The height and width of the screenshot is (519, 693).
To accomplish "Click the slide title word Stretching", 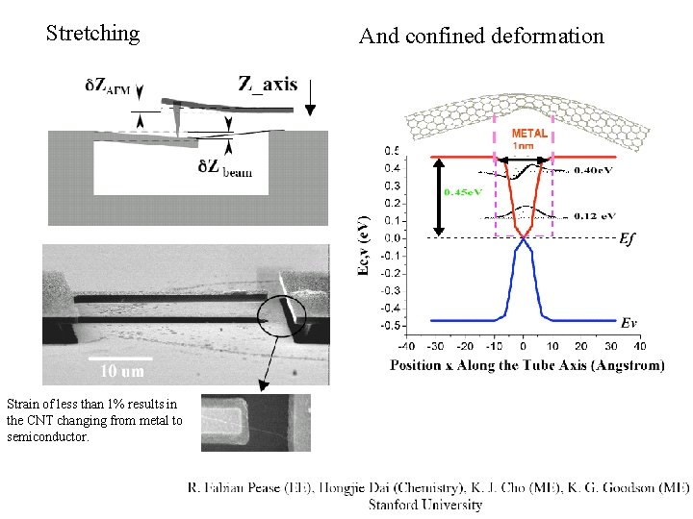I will (93, 35).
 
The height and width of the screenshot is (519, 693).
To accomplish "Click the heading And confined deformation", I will (481, 37).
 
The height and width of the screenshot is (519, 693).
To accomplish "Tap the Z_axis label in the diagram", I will (268, 84).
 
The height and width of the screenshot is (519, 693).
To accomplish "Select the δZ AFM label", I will (108, 86).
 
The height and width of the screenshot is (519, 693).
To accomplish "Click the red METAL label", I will (529, 134).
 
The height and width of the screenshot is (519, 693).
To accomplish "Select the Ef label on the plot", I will (629, 239).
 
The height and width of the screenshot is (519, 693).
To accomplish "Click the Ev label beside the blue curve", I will (629, 322).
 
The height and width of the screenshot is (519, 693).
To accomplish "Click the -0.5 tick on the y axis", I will (390, 326).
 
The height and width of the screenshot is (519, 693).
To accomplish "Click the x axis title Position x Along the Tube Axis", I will (527, 365).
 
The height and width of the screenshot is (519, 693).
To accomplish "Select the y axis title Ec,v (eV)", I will (364, 244).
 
